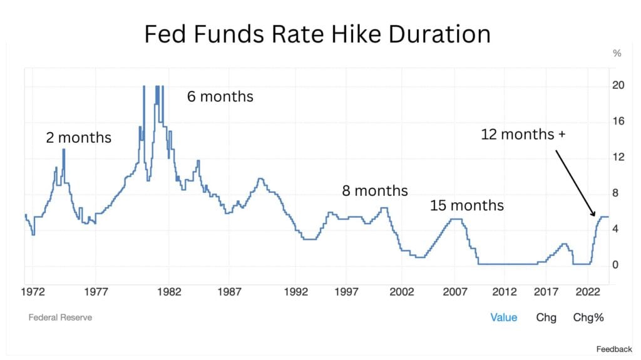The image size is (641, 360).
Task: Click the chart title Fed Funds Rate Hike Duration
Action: (317, 34)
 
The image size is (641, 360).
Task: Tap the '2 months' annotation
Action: (78, 138)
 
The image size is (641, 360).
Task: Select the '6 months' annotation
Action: (220, 96)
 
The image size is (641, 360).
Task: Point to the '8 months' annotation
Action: (375, 190)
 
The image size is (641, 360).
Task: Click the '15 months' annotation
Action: (466, 205)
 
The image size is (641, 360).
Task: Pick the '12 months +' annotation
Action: (523, 134)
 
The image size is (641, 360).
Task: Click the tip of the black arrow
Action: (595, 217)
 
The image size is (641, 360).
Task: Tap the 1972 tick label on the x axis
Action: (33, 292)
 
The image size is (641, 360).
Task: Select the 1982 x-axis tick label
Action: (169, 292)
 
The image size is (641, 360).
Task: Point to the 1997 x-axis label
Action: (346, 292)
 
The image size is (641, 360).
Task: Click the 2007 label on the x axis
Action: (455, 292)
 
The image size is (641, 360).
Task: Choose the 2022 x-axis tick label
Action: (587, 292)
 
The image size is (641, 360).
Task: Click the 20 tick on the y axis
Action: (618, 85)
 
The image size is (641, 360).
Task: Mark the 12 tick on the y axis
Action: (618, 157)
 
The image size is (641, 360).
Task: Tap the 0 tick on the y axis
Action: (615, 265)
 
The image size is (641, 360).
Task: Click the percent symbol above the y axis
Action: (617, 53)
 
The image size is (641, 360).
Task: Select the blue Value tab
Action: (504, 317)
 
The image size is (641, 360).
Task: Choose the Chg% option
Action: (588, 317)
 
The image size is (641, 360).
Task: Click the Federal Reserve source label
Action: (60, 317)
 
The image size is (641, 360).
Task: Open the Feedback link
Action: (614, 349)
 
